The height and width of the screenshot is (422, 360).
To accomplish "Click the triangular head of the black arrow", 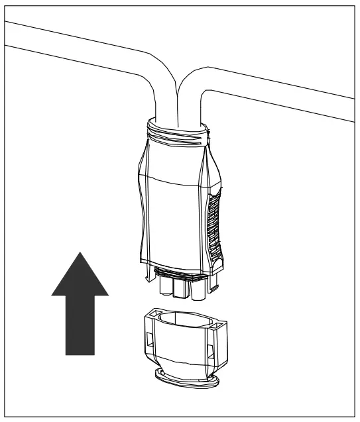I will pyautogui.click(x=80, y=275).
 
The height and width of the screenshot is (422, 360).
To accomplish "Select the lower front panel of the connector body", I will pyautogui.click(x=174, y=219).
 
